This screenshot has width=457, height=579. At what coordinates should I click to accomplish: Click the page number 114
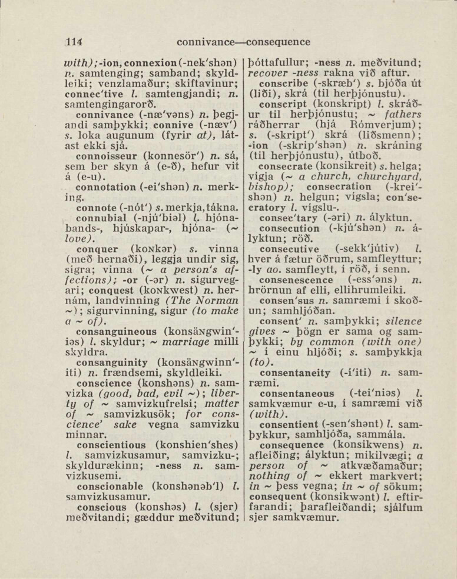click(74, 42)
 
